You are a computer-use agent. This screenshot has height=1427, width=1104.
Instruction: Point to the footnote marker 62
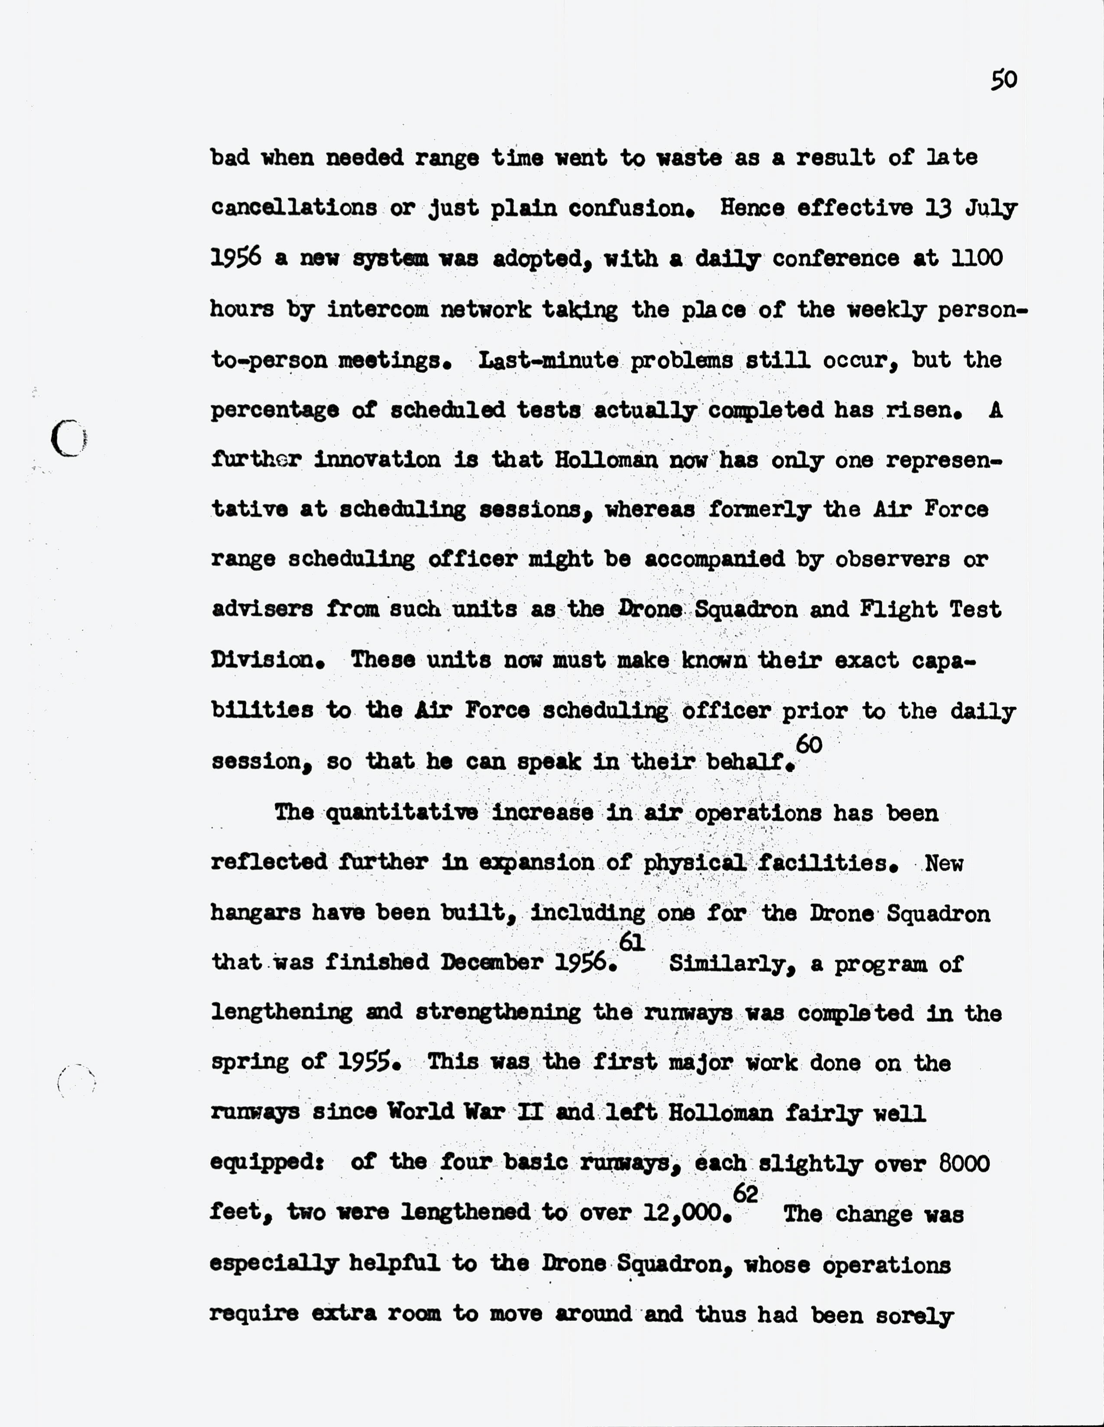(745, 1194)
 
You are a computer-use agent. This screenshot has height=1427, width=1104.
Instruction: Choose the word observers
(892, 560)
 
